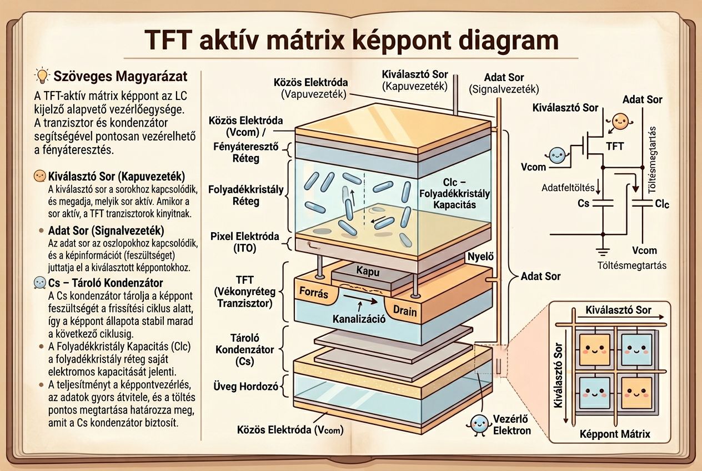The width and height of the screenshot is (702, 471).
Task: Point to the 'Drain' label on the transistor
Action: pyautogui.click(x=404, y=310)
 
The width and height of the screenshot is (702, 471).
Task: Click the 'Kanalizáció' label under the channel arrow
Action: pyautogui.click(x=359, y=319)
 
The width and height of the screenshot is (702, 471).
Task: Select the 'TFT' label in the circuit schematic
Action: pyautogui.click(x=615, y=147)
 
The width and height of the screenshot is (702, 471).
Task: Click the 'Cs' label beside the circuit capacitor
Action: pyautogui.click(x=583, y=203)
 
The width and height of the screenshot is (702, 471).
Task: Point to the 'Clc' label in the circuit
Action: pyautogui.click(x=662, y=204)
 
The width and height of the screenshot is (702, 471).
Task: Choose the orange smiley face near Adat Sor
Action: pyautogui.click(x=620, y=122)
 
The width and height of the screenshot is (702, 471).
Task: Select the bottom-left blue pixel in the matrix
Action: pyautogui.click(x=590, y=392)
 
